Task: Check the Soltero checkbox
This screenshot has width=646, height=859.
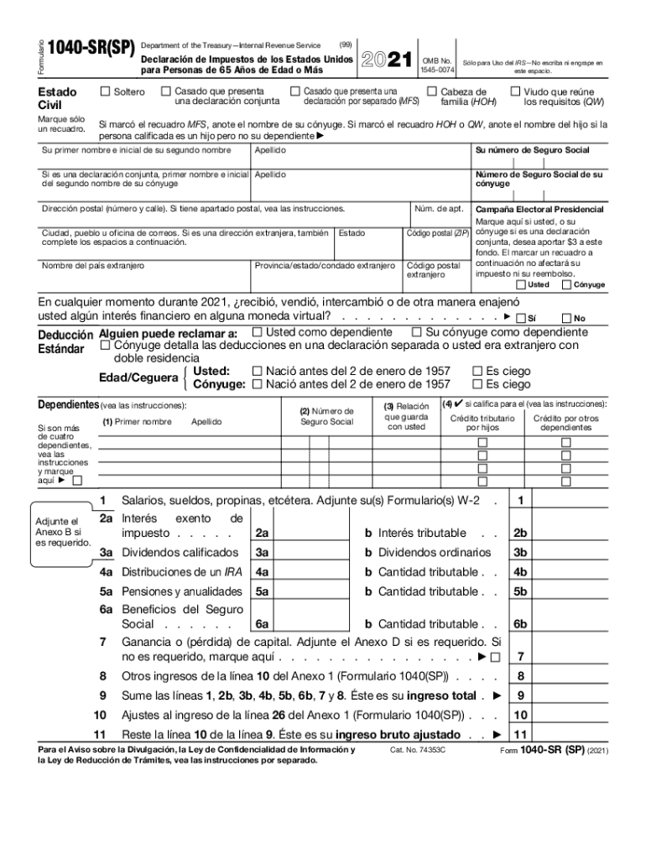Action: (105, 91)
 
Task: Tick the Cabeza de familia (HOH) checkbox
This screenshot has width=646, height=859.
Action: (432, 91)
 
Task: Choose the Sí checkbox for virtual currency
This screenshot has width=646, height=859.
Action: (520, 318)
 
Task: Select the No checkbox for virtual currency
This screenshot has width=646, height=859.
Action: (566, 318)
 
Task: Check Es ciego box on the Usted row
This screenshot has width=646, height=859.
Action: (477, 371)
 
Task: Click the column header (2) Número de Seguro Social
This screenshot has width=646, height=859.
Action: (327, 416)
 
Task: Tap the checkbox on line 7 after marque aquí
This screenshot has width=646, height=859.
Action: (495, 656)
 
